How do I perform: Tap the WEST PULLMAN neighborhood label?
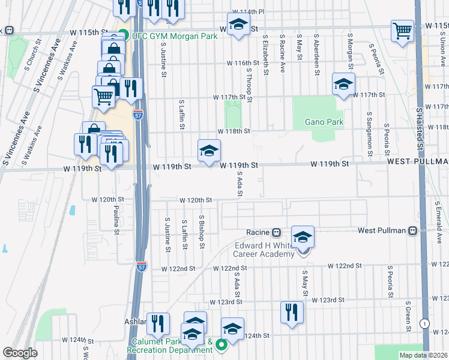417,162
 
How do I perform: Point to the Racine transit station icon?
277,232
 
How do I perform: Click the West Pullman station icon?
412,231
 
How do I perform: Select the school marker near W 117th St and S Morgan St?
344,85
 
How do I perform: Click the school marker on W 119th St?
209,151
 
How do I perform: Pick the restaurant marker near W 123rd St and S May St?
292,312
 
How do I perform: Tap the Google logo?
20,353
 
